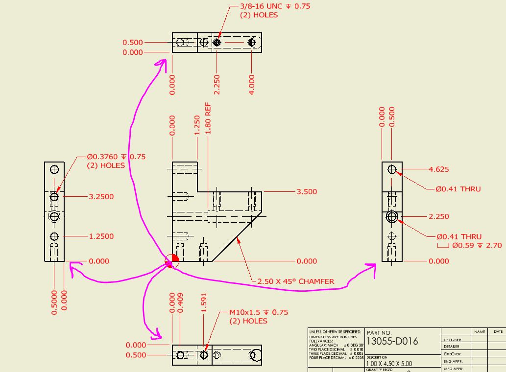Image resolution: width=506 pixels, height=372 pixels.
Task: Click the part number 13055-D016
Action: click(392, 341)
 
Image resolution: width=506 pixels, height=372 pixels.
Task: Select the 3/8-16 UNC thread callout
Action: click(275, 6)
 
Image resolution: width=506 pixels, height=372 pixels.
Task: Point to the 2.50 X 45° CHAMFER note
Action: click(295, 281)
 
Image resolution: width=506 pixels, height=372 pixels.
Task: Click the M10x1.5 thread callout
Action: click(258, 312)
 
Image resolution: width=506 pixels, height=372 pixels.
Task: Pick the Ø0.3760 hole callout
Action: click(116, 157)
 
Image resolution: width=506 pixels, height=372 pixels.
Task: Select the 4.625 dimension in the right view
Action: click(438, 169)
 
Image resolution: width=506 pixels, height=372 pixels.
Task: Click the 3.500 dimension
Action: click(307, 192)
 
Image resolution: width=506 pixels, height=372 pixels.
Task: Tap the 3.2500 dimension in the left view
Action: click(101, 197)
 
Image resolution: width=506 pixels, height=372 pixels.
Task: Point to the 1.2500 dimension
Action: click(101, 236)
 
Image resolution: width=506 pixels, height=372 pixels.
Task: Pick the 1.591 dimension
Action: click(204, 303)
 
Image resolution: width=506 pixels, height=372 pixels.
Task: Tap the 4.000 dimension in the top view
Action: click(252, 84)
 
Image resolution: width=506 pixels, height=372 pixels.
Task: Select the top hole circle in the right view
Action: click(392, 169)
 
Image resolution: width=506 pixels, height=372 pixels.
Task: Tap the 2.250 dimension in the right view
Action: click(438, 216)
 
